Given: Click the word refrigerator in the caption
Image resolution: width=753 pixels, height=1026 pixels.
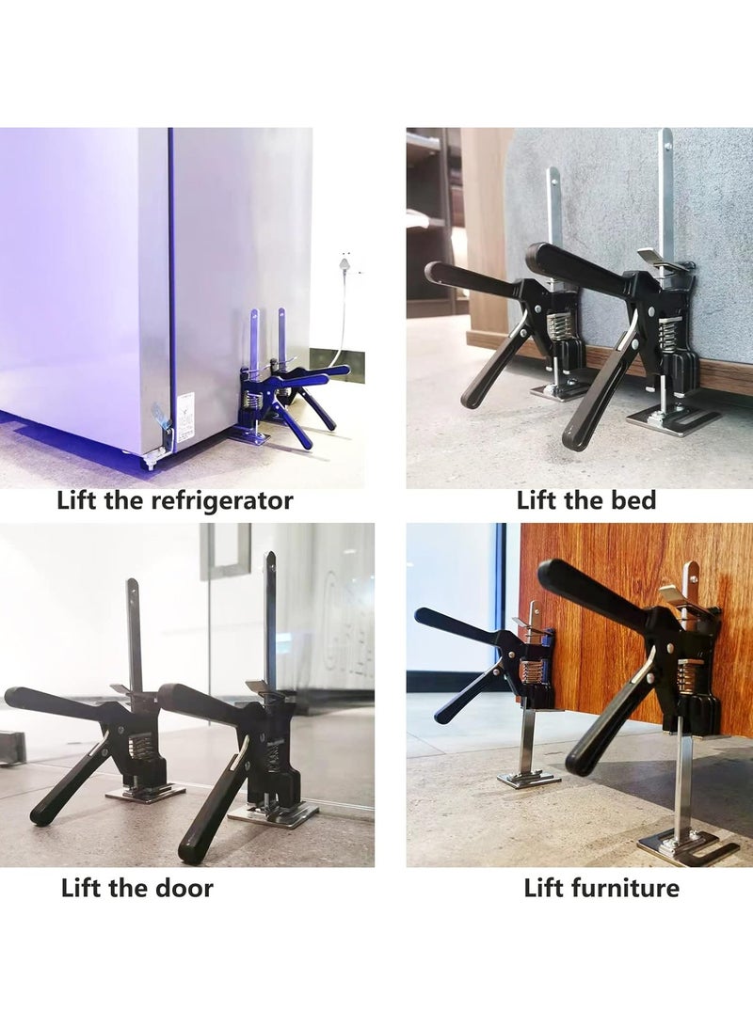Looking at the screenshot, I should pos(222,500).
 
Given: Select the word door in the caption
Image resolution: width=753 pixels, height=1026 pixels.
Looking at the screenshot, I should pos(184,888).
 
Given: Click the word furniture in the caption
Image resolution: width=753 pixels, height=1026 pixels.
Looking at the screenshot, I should pos(630,888).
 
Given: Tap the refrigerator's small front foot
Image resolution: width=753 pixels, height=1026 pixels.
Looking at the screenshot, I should pos(148,463).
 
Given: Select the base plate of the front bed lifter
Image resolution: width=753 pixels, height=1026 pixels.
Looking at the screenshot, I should pos(671,420).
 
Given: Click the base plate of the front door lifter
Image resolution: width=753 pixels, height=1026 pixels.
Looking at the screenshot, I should pos(273,813).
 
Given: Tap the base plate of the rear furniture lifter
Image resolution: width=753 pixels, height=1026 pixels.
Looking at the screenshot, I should pos(528,779).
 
